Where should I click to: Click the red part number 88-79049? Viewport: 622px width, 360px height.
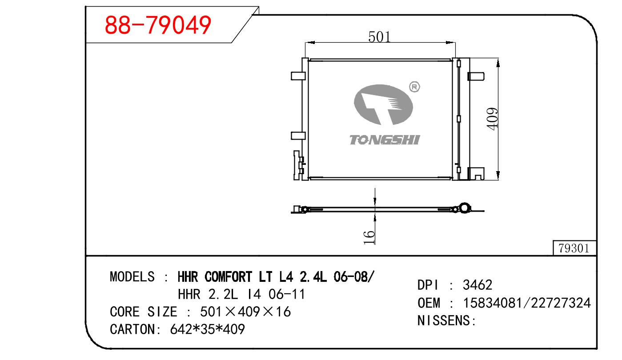tap(158, 25)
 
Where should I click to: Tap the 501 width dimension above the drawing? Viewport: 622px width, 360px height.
tap(379, 37)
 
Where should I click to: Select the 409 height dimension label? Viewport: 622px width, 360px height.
tap(492, 119)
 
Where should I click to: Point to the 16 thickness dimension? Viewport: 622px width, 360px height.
tap(369, 237)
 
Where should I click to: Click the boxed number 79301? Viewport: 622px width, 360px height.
tap(574, 248)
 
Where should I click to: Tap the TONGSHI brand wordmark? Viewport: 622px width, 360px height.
tap(385, 140)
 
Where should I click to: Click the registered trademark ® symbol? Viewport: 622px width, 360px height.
tap(414, 87)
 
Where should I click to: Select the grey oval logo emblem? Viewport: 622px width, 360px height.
tap(383, 104)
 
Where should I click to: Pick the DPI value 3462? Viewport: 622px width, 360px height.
tap(478, 285)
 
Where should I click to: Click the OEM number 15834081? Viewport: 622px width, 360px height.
tap(492, 303)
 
